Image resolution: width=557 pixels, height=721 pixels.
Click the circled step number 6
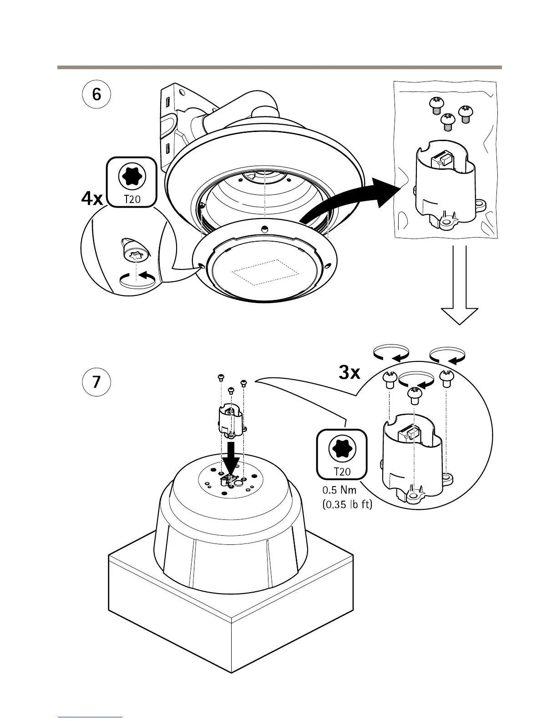coord(96,95)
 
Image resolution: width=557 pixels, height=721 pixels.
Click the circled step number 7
coord(96,381)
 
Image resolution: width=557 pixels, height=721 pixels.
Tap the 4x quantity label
coord(92,199)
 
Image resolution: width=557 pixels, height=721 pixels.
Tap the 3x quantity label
coord(349,373)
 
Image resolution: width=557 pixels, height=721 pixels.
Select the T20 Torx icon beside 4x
coord(132,182)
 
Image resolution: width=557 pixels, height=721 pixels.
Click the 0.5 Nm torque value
coord(339,490)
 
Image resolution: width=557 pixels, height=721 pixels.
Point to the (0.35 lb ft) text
coord(347,504)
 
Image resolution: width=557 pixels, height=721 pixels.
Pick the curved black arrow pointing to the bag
coord(346,200)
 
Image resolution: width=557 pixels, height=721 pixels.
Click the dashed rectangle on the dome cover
coord(266,272)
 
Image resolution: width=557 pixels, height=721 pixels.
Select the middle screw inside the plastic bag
coord(448,122)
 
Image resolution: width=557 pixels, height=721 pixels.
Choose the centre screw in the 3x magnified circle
coord(414,395)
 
